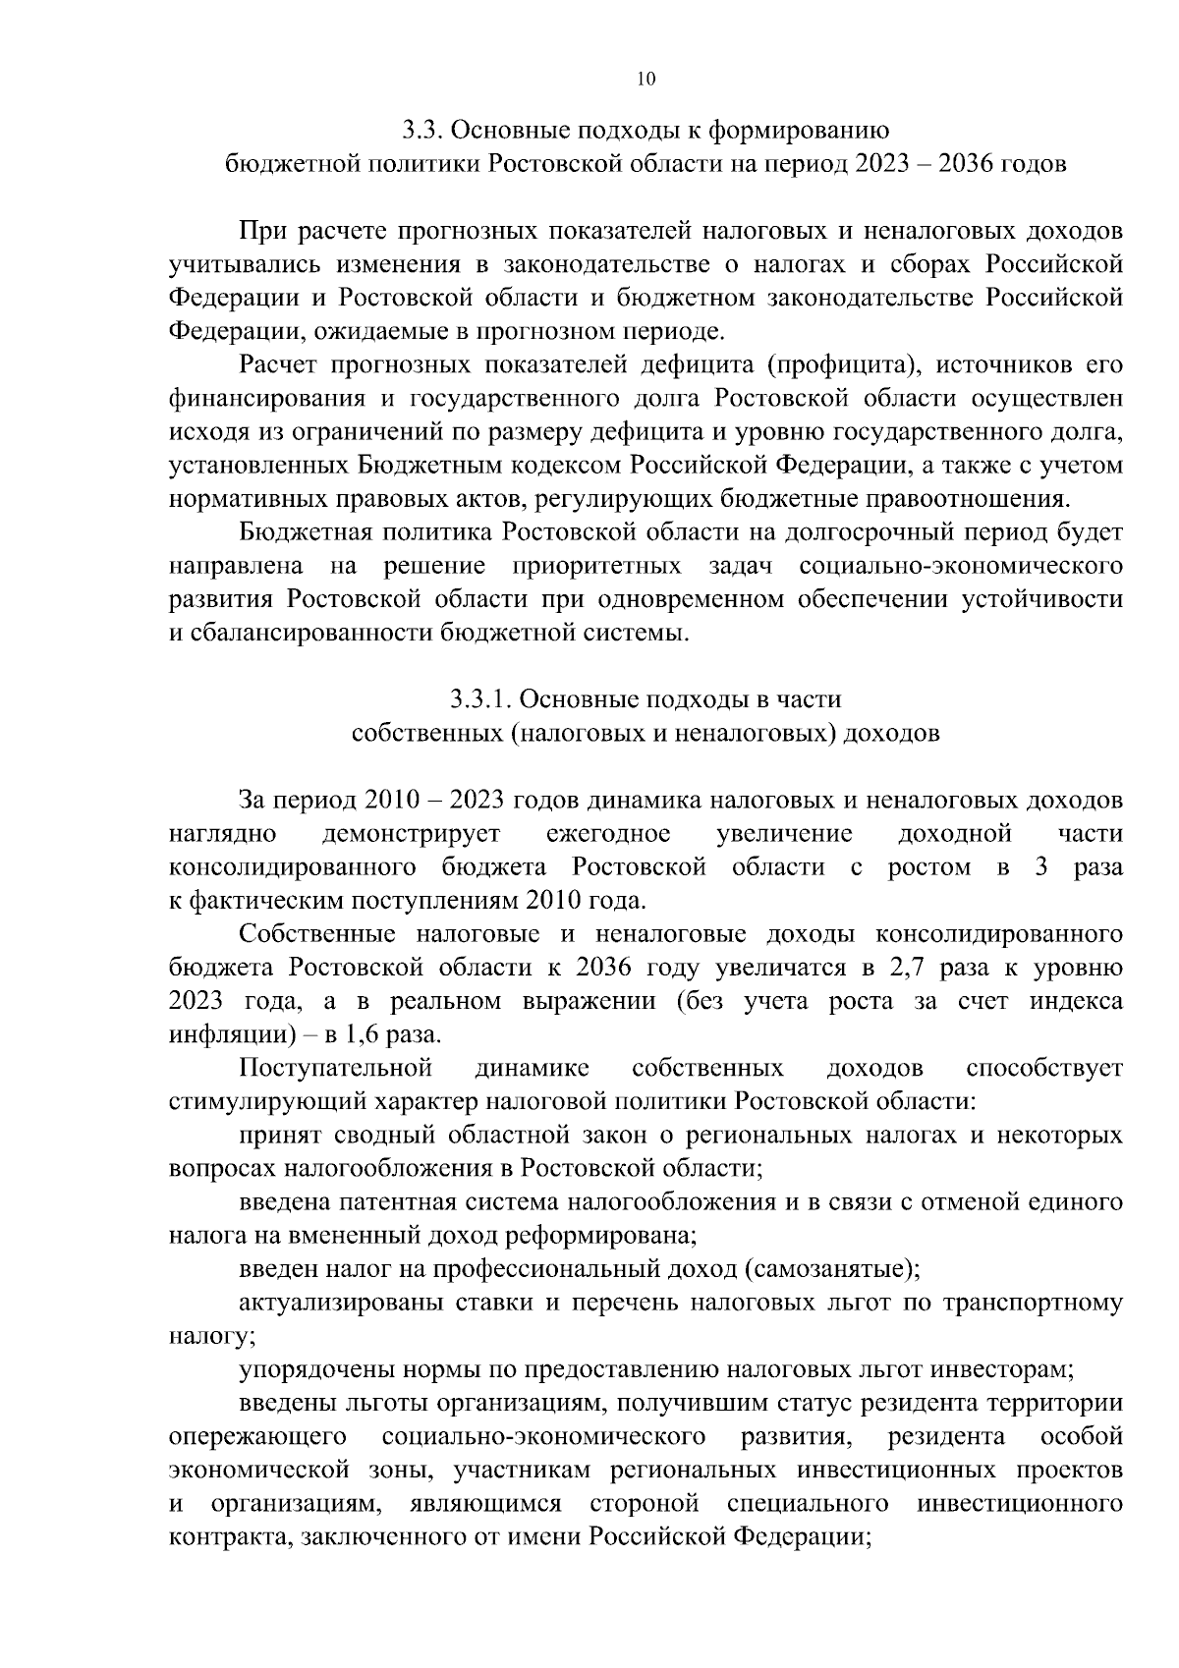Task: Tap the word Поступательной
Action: pos(336,1067)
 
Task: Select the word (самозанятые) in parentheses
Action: pos(834,1268)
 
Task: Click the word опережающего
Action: pos(257,1436)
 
